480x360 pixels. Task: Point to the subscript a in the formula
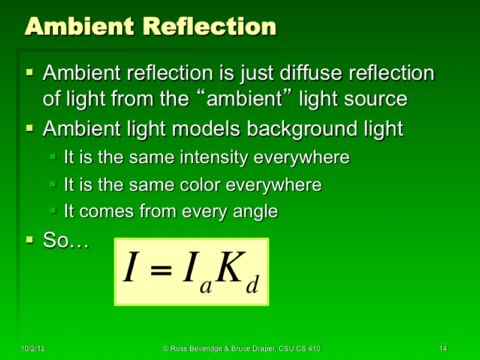coord(206,287)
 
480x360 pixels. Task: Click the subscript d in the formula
coord(252,286)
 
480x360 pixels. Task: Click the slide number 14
coord(443,349)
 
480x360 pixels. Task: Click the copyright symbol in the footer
coord(166,349)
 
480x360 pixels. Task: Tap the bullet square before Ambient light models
coord(31,128)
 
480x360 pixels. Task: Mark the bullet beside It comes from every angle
coord(53,211)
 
